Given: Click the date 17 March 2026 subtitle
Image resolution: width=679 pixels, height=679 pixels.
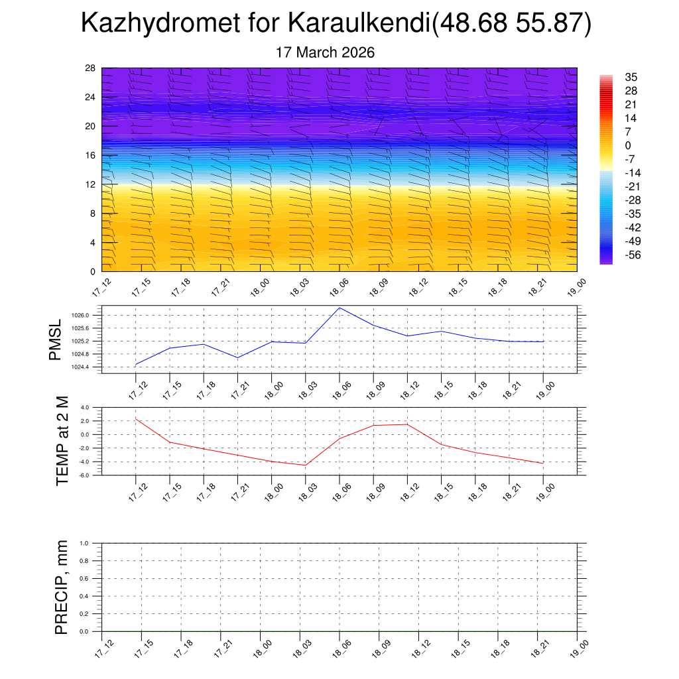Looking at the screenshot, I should tap(325, 52).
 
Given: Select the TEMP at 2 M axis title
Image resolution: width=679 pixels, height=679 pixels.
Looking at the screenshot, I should tap(62, 440).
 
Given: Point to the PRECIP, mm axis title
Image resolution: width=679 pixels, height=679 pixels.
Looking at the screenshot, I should tap(62, 587).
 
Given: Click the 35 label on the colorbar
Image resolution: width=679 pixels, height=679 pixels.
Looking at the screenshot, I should tap(631, 77).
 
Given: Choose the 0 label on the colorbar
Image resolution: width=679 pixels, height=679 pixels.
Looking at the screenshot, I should tap(628, 145).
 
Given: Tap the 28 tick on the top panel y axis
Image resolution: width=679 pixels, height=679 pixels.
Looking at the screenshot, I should tap(91, 68).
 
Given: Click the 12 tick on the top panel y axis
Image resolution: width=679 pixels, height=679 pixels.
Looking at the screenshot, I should tap(91, 184).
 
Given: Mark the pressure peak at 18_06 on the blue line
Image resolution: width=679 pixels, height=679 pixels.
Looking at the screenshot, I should tap(339, 308).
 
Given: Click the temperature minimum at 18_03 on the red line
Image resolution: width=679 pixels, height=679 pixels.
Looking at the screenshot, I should tap(306, 465).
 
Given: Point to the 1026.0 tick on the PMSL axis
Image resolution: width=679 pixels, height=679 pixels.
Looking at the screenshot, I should tap(89, 316).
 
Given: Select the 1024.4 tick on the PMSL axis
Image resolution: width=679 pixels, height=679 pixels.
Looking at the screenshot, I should tap(89, 367).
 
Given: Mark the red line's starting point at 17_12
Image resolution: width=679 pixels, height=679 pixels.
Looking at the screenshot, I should tap(136, 419).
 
